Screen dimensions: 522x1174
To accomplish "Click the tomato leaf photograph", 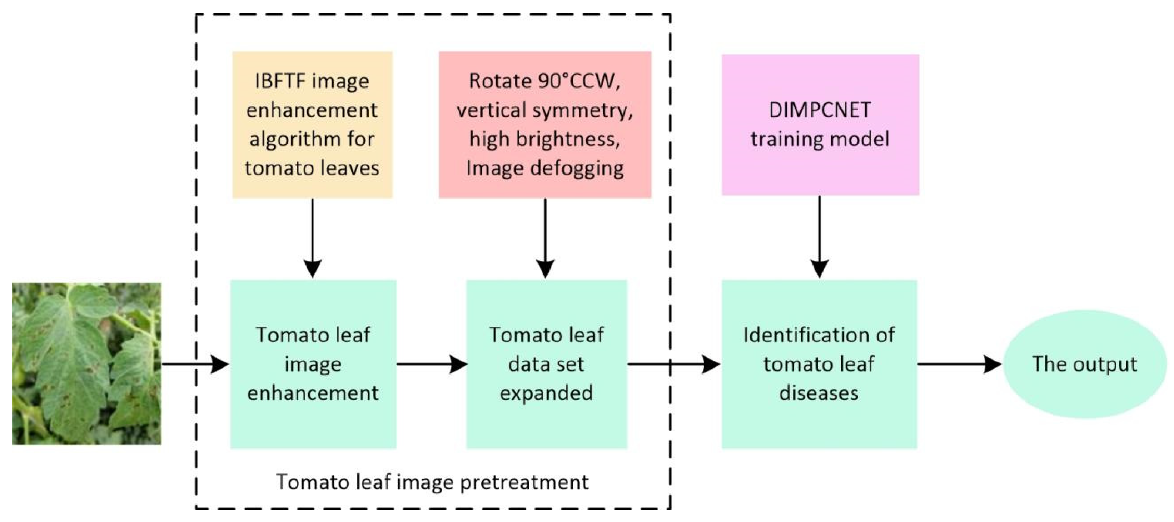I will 86,363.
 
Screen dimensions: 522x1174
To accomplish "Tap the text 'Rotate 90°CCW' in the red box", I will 544,81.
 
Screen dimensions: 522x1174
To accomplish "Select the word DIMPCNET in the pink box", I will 820,110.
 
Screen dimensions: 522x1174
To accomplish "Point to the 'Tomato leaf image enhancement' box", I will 313,364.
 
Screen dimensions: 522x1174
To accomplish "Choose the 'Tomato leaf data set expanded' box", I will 546,364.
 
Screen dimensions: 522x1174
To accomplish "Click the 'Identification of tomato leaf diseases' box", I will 819,364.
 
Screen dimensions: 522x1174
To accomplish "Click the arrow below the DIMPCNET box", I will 820,237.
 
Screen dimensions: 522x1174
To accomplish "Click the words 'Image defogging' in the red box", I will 544,168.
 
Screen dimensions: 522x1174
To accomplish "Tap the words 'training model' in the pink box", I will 820,139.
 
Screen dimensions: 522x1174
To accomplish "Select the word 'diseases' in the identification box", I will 819,393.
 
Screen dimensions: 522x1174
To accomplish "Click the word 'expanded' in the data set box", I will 546,393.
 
